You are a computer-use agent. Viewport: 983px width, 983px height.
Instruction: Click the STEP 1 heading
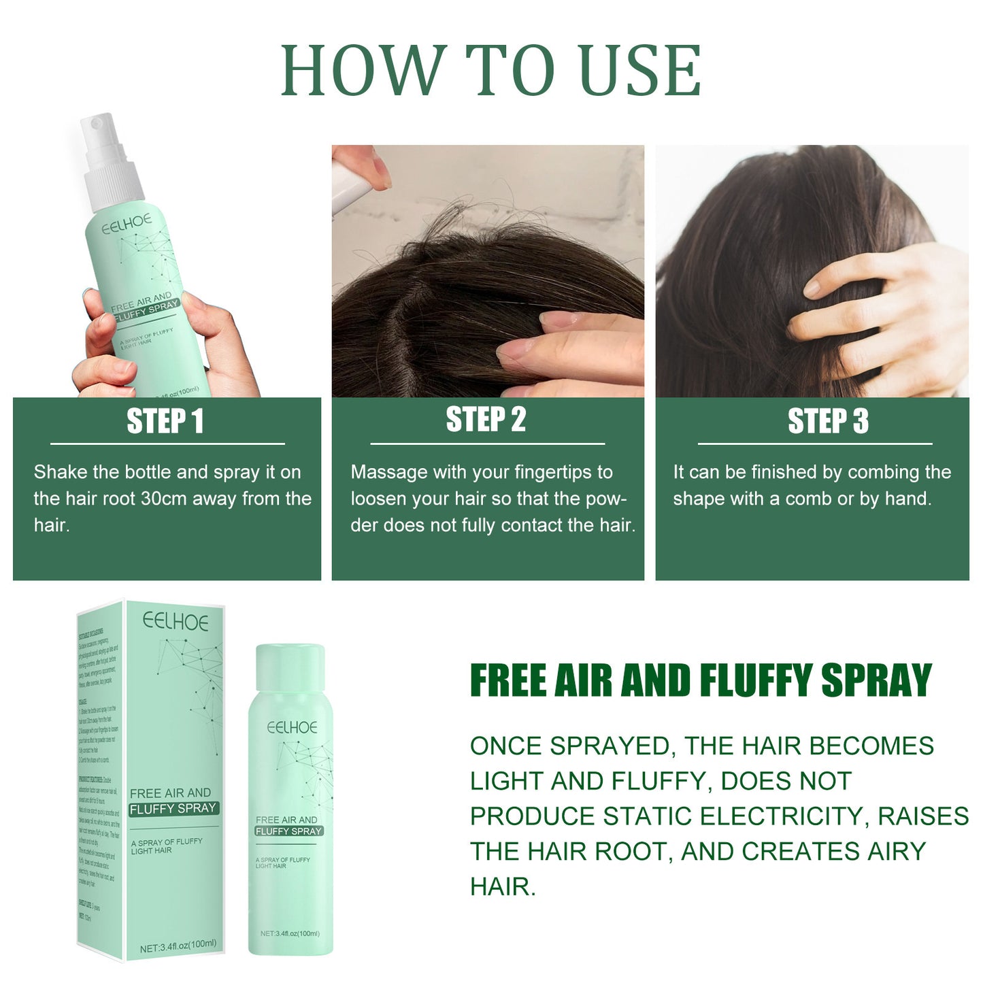[x=165, y=421]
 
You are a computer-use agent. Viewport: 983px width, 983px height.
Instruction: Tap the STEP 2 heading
[x=486, y=420]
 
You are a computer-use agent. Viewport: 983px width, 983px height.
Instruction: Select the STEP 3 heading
[x=828, y=421]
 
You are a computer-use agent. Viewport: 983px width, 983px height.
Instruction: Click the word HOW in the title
[x=363, y=70]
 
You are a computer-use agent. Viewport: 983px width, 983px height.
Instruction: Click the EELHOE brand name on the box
[x=176, y=622]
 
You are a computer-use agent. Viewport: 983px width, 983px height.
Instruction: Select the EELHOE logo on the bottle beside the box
[x=292, y=727]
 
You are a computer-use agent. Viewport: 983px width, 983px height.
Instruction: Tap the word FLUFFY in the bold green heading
[x=756, y=680]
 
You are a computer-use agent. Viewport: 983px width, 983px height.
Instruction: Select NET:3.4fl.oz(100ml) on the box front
[x=178, y=946]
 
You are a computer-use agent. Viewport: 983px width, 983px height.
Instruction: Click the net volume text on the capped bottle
[x=290, y=933]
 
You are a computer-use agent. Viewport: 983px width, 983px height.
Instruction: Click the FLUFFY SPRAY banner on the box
[x=173, y=808]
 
